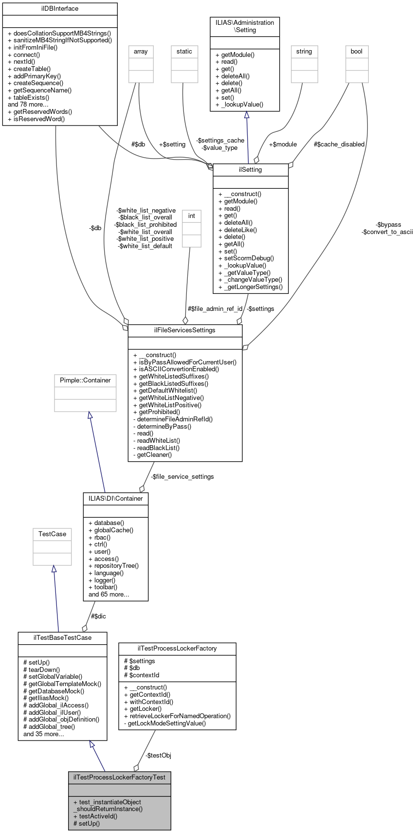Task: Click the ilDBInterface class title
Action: coord(60,9)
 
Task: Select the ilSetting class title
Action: coord(251,169)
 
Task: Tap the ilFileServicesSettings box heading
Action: coord(185,330)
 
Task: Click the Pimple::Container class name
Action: coord(85,380)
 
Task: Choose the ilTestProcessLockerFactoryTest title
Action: coord(119,777)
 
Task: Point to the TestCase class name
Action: coord(52,534)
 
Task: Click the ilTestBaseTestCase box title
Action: coord(62,637)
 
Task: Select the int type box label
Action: coord(192,216)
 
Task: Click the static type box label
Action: coord(184,51)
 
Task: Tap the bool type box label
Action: coord(357,51)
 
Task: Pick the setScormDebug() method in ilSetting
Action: coord(246,258)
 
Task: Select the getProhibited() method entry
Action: coord(159,412)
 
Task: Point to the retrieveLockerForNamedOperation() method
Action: coord(177,716)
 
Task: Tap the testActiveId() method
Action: coord(95,816)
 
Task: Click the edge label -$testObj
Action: coord(158,755)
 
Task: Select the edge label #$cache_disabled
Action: coord(339,144)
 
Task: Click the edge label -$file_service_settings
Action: coord(182,476)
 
